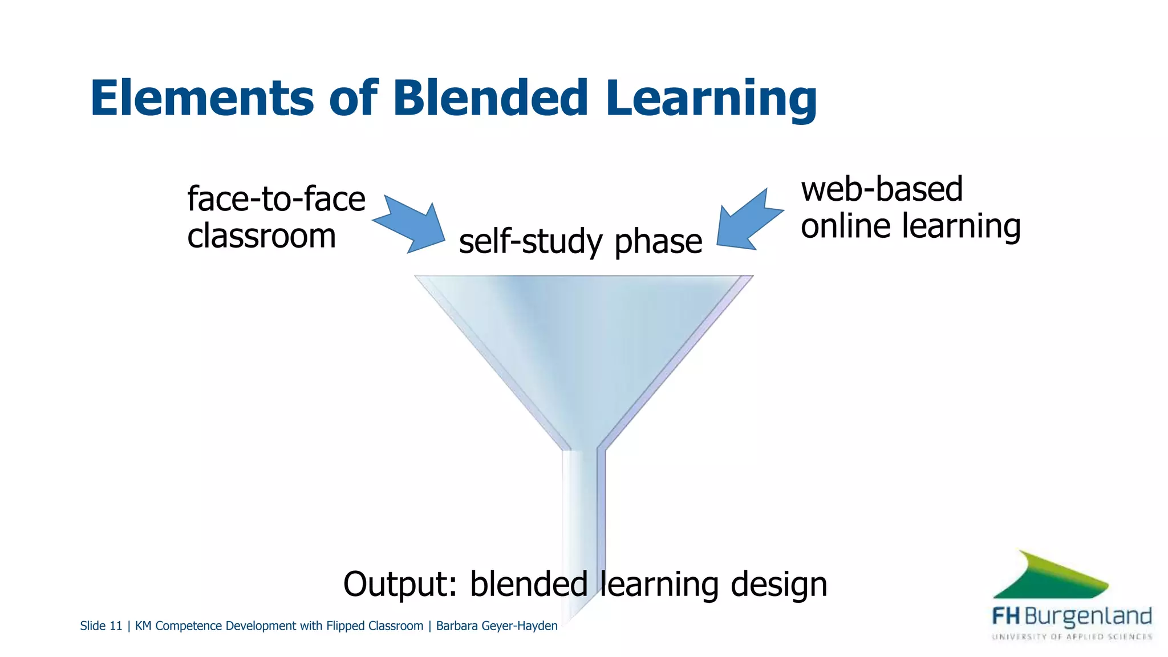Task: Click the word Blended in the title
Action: pyautogui.click(x=490, y=98)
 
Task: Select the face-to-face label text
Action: pyautogui.click(x=276, y=199)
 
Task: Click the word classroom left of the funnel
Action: pyautogui.click(x=261, y=236)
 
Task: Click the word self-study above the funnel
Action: pyautogui.click(x=530, y=242)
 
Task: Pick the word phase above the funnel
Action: pyautogui.click(x=658, y=242)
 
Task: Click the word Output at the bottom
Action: pyautogui.click(x=400, y=584)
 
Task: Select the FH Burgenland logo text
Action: pyautogui.click(x=1072, y=617)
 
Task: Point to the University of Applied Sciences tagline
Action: pyautogui.click(x=1072, y=636)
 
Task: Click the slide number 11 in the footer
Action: pyautogui.click(x=116, y=626)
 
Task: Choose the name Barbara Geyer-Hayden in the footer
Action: pyautogui.click(x=496, y=626)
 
